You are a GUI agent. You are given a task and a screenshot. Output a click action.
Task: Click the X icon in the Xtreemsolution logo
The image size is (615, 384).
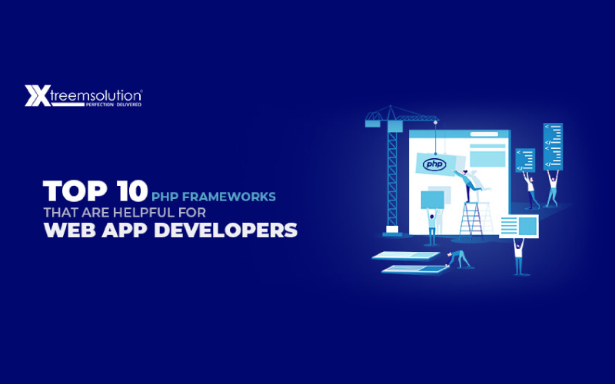(37, 96)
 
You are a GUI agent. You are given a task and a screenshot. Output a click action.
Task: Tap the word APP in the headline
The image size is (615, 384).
(138, 231)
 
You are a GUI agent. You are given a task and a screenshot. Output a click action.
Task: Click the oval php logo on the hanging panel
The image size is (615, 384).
(433, 164)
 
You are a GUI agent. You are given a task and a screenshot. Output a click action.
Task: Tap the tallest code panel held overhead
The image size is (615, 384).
(553, 146)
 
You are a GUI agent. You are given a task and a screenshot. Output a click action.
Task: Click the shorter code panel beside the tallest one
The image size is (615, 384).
(525, 161)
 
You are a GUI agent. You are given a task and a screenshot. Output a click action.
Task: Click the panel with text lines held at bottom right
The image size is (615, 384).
(519, 226)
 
